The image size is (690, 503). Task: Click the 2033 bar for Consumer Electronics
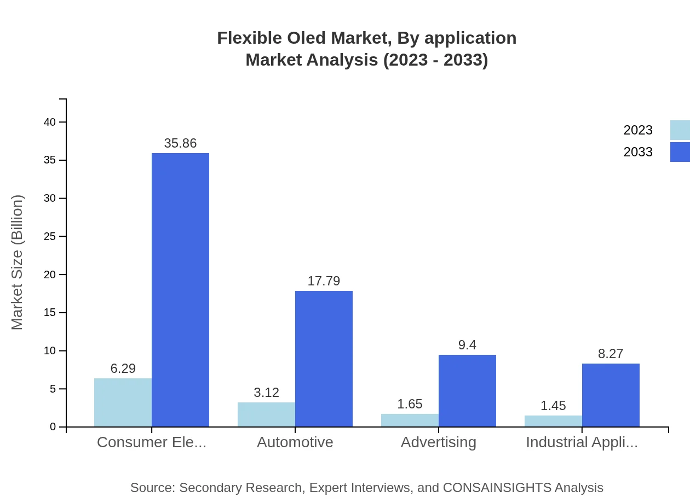pos(180,290)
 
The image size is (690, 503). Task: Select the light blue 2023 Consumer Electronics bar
pos(123,402)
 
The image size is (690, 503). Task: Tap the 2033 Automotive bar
pos(324,359)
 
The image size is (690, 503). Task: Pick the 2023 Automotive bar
pos(266,414)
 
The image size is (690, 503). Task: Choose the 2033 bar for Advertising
pos(467,391)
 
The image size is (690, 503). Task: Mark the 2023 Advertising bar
pos(410,420)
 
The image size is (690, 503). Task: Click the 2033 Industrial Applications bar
pos(611,395)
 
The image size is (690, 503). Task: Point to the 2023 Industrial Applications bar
pos(553,421)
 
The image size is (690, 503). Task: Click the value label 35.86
pos(180,143)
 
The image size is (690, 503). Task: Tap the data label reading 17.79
pos(324,281)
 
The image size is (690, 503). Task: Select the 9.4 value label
pos(467,345)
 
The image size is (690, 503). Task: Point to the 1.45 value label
pos(553,406)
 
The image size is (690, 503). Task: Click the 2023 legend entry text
pos(637,130)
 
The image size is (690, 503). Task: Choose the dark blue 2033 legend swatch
pos(680,152)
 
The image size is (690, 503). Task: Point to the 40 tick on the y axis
pos(50,122)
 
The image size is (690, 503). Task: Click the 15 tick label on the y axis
pos(50,313)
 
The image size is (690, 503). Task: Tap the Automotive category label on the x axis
pos(295,442)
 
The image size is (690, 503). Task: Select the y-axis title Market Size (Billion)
pos(17,262)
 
